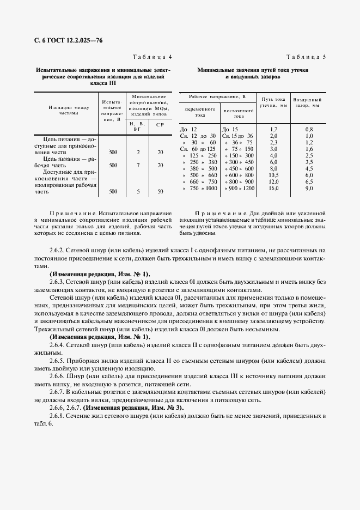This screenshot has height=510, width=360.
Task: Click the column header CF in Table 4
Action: click(160, 125)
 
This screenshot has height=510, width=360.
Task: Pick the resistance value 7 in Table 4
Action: click(138, 165)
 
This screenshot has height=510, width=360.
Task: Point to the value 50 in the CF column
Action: click(160, 191)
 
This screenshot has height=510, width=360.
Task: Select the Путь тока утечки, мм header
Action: click(273, 102)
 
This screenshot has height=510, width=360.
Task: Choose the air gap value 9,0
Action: click(309, 188)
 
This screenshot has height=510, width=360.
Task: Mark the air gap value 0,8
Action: click(309, 129)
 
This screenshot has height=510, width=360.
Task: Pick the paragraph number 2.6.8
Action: click(57, 416)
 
